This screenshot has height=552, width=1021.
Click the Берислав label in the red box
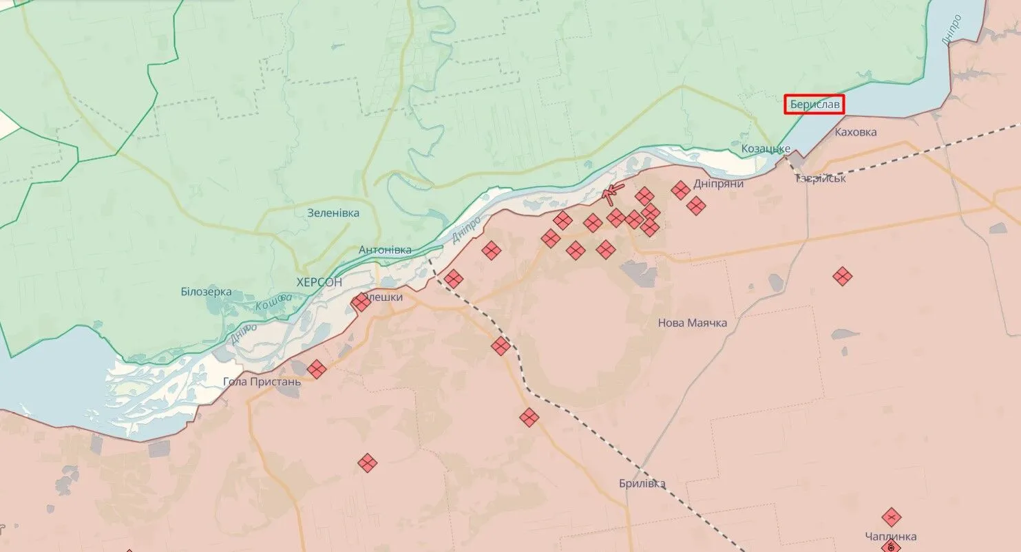815,105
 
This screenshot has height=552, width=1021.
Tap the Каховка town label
855,132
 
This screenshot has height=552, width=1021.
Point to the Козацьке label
766,149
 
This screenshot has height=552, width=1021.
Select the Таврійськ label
821,178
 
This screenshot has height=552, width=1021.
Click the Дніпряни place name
719,184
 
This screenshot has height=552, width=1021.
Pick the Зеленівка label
333,213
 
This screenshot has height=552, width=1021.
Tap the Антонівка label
385,250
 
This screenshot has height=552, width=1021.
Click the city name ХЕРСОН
319,282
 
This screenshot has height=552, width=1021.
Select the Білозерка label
206,292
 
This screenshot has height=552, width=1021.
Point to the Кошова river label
273,301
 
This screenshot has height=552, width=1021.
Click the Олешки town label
383,297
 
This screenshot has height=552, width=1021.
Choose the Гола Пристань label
262,381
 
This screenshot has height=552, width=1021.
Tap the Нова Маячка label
692,323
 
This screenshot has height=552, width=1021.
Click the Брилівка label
642,484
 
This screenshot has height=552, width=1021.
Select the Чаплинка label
891,536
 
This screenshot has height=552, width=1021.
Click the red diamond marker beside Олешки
361,302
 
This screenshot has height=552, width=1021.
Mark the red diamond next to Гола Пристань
316,370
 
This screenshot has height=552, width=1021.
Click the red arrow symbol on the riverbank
611,193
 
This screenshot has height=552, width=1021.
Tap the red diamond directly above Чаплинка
891,517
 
